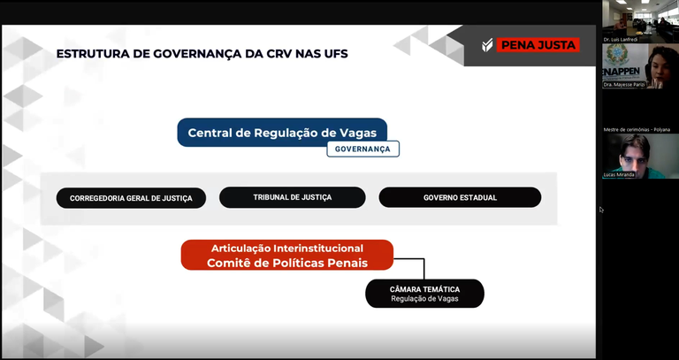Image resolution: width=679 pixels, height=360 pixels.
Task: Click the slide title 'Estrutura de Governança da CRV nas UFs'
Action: [202, 54]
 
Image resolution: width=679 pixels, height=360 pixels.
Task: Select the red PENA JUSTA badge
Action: [538, 45]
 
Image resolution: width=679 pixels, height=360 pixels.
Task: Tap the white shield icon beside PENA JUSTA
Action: [486, 45]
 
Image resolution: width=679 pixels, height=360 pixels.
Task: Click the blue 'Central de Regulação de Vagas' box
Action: [282, 133]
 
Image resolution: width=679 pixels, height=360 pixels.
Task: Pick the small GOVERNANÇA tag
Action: [362, 149]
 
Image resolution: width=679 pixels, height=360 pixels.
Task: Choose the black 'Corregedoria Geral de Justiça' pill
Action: [131, 197]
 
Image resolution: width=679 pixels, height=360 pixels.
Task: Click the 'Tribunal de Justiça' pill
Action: [292, 197]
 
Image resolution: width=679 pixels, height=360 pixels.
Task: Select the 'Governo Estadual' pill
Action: [460, 197]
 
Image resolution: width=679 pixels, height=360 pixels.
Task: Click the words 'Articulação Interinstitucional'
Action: [286, 249]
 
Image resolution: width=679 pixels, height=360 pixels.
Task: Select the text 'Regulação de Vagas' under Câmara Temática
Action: [424, 299]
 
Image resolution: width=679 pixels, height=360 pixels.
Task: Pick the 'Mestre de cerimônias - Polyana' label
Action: [637, 129]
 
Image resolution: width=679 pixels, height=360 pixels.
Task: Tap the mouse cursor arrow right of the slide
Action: [600, 210]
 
